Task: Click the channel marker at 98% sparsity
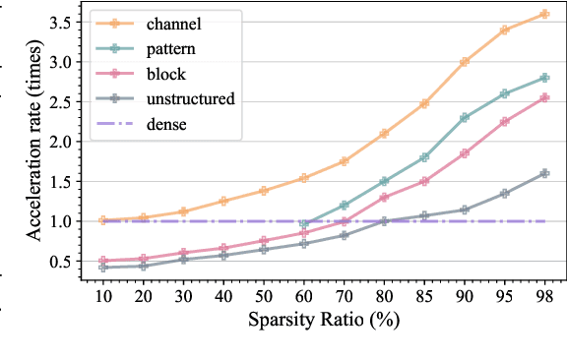(x=543, y=14)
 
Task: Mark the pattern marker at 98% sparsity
(x=543, y=78)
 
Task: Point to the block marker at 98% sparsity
(x=543, y=97)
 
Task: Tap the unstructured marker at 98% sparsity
(x=543, y=173)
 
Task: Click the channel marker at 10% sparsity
(x=102, y=220)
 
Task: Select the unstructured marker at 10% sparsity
(x=102, y=267)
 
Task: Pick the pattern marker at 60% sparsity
(x=304, y=224)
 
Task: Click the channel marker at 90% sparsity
(x=465, y=61)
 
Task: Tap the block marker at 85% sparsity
(x=424, y=181)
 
